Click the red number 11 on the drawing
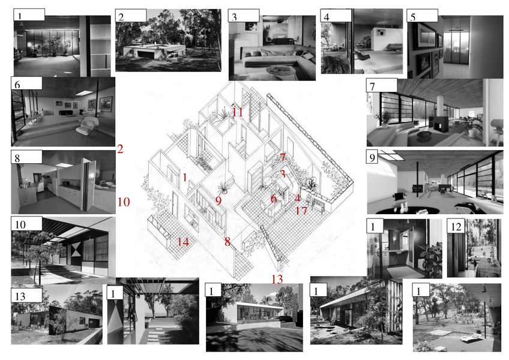coord(238,112)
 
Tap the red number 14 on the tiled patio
coord(183,242)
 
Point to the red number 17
coord(301,211)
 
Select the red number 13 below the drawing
coord(277,278)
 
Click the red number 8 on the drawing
coord(227,242)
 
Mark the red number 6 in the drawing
coord(273,199)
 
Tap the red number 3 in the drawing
coord(282,174)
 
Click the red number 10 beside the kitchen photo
coord(123,202)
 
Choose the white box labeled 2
coord(131,16)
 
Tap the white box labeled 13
coord(26,295)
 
